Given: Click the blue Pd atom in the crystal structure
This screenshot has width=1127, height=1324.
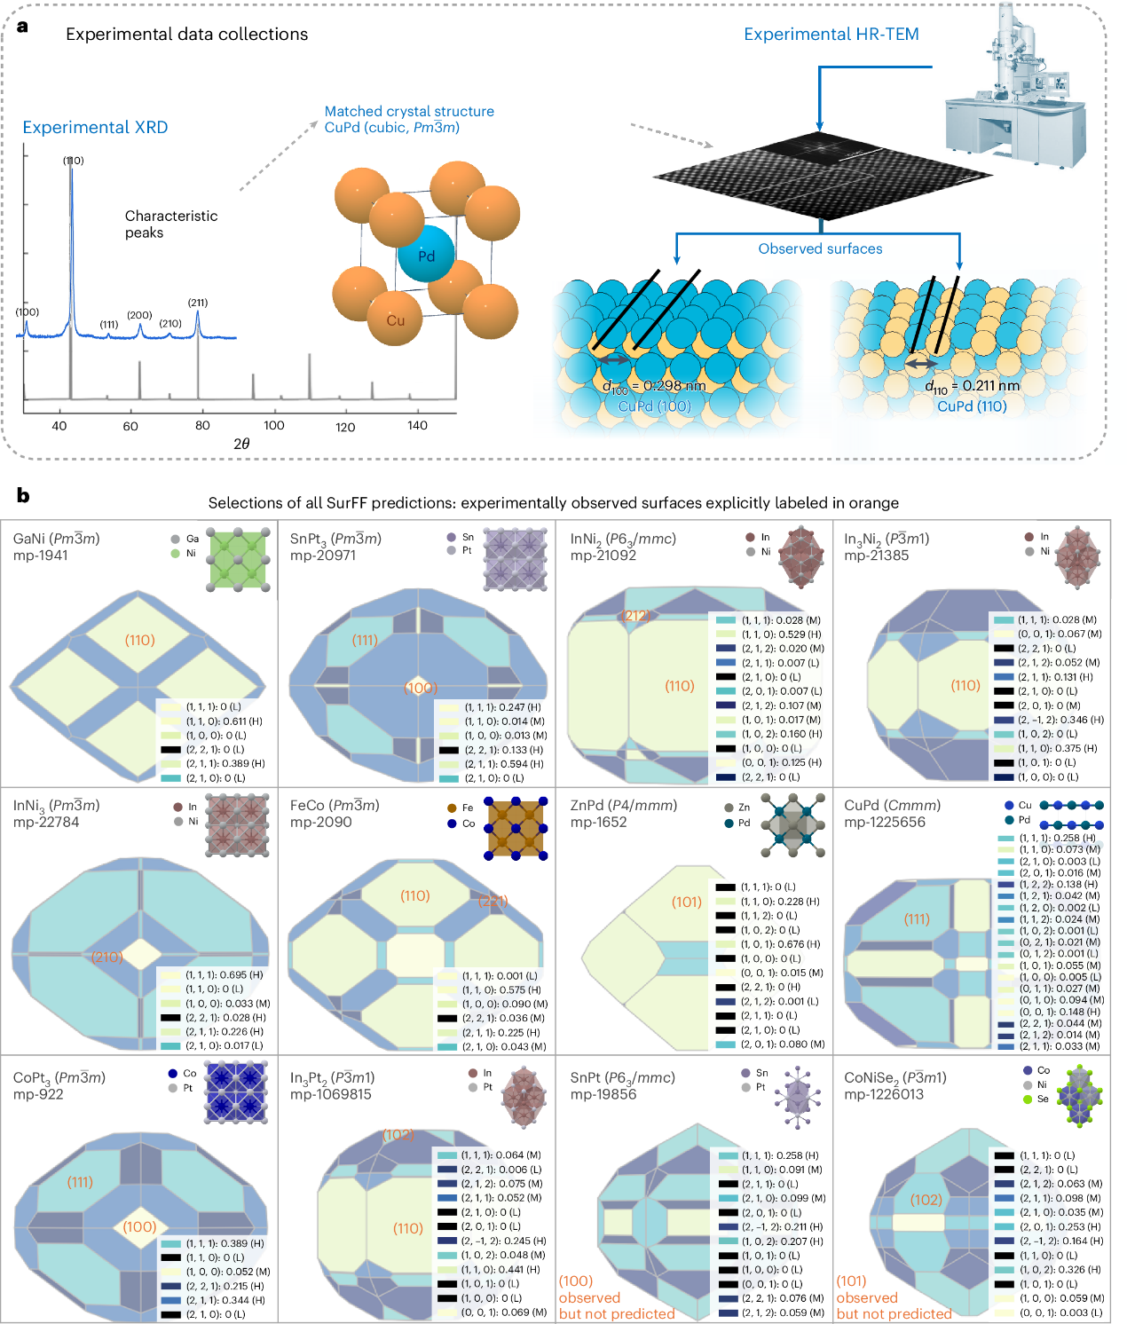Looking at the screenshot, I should point(425,255).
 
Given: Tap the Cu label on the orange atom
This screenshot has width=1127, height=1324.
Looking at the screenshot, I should point(396,320).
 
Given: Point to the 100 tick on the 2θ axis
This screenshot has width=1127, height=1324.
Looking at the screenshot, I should point(274,425).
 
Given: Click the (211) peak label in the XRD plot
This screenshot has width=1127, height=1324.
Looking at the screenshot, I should point(198,303).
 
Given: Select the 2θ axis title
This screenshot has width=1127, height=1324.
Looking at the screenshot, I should point(241,444).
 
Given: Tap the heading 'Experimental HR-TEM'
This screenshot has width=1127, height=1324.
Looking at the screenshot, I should point(831,35).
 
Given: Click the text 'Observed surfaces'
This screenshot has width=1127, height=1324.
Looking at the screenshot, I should point(820,249).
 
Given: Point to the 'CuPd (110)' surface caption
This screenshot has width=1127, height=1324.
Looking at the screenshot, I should point(972,406).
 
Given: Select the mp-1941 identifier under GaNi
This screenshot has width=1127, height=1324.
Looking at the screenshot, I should point(41,556).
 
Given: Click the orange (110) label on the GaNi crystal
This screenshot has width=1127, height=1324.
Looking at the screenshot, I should point(140,640).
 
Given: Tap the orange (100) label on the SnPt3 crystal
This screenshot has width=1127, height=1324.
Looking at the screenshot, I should point(421,688).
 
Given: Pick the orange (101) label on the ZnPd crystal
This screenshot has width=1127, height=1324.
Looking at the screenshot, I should point(687,902).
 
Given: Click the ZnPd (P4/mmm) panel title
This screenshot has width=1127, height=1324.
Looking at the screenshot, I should point(623,805).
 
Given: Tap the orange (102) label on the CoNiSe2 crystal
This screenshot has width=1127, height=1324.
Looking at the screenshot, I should point(926,1200).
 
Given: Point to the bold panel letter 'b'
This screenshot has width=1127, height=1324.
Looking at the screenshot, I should point(23,495).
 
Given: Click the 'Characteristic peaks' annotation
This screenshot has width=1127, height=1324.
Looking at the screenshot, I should point(170,224).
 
